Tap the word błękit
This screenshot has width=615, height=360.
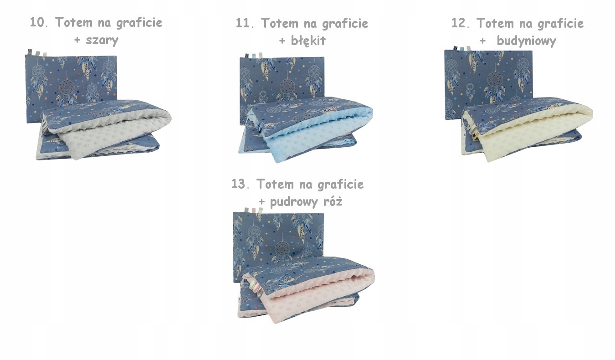308,41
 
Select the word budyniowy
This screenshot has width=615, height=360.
526,41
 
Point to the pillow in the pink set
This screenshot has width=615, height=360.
278,237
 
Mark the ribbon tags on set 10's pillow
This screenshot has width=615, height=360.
36,52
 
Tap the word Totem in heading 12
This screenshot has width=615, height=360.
495,23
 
